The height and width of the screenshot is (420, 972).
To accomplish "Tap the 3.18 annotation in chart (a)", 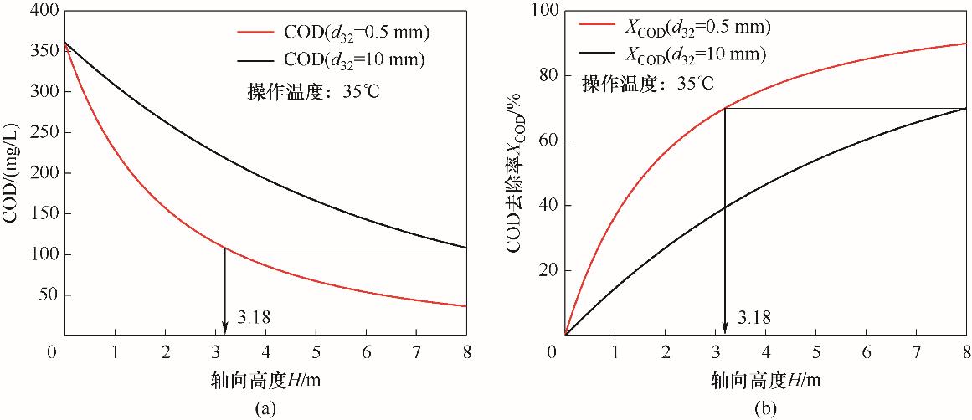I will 256,317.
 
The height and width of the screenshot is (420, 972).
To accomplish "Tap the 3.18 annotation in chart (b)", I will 755,317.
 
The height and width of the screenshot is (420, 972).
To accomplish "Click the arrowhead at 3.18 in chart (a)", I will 225,328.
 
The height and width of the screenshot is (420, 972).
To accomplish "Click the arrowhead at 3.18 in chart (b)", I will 724,328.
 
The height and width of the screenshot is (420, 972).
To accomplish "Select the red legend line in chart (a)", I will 255,33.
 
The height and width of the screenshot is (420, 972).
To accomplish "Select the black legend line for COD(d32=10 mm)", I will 255,59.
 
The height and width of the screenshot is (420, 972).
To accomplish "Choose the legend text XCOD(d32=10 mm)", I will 696,54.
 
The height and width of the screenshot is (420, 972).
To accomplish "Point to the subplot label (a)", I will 265,408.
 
